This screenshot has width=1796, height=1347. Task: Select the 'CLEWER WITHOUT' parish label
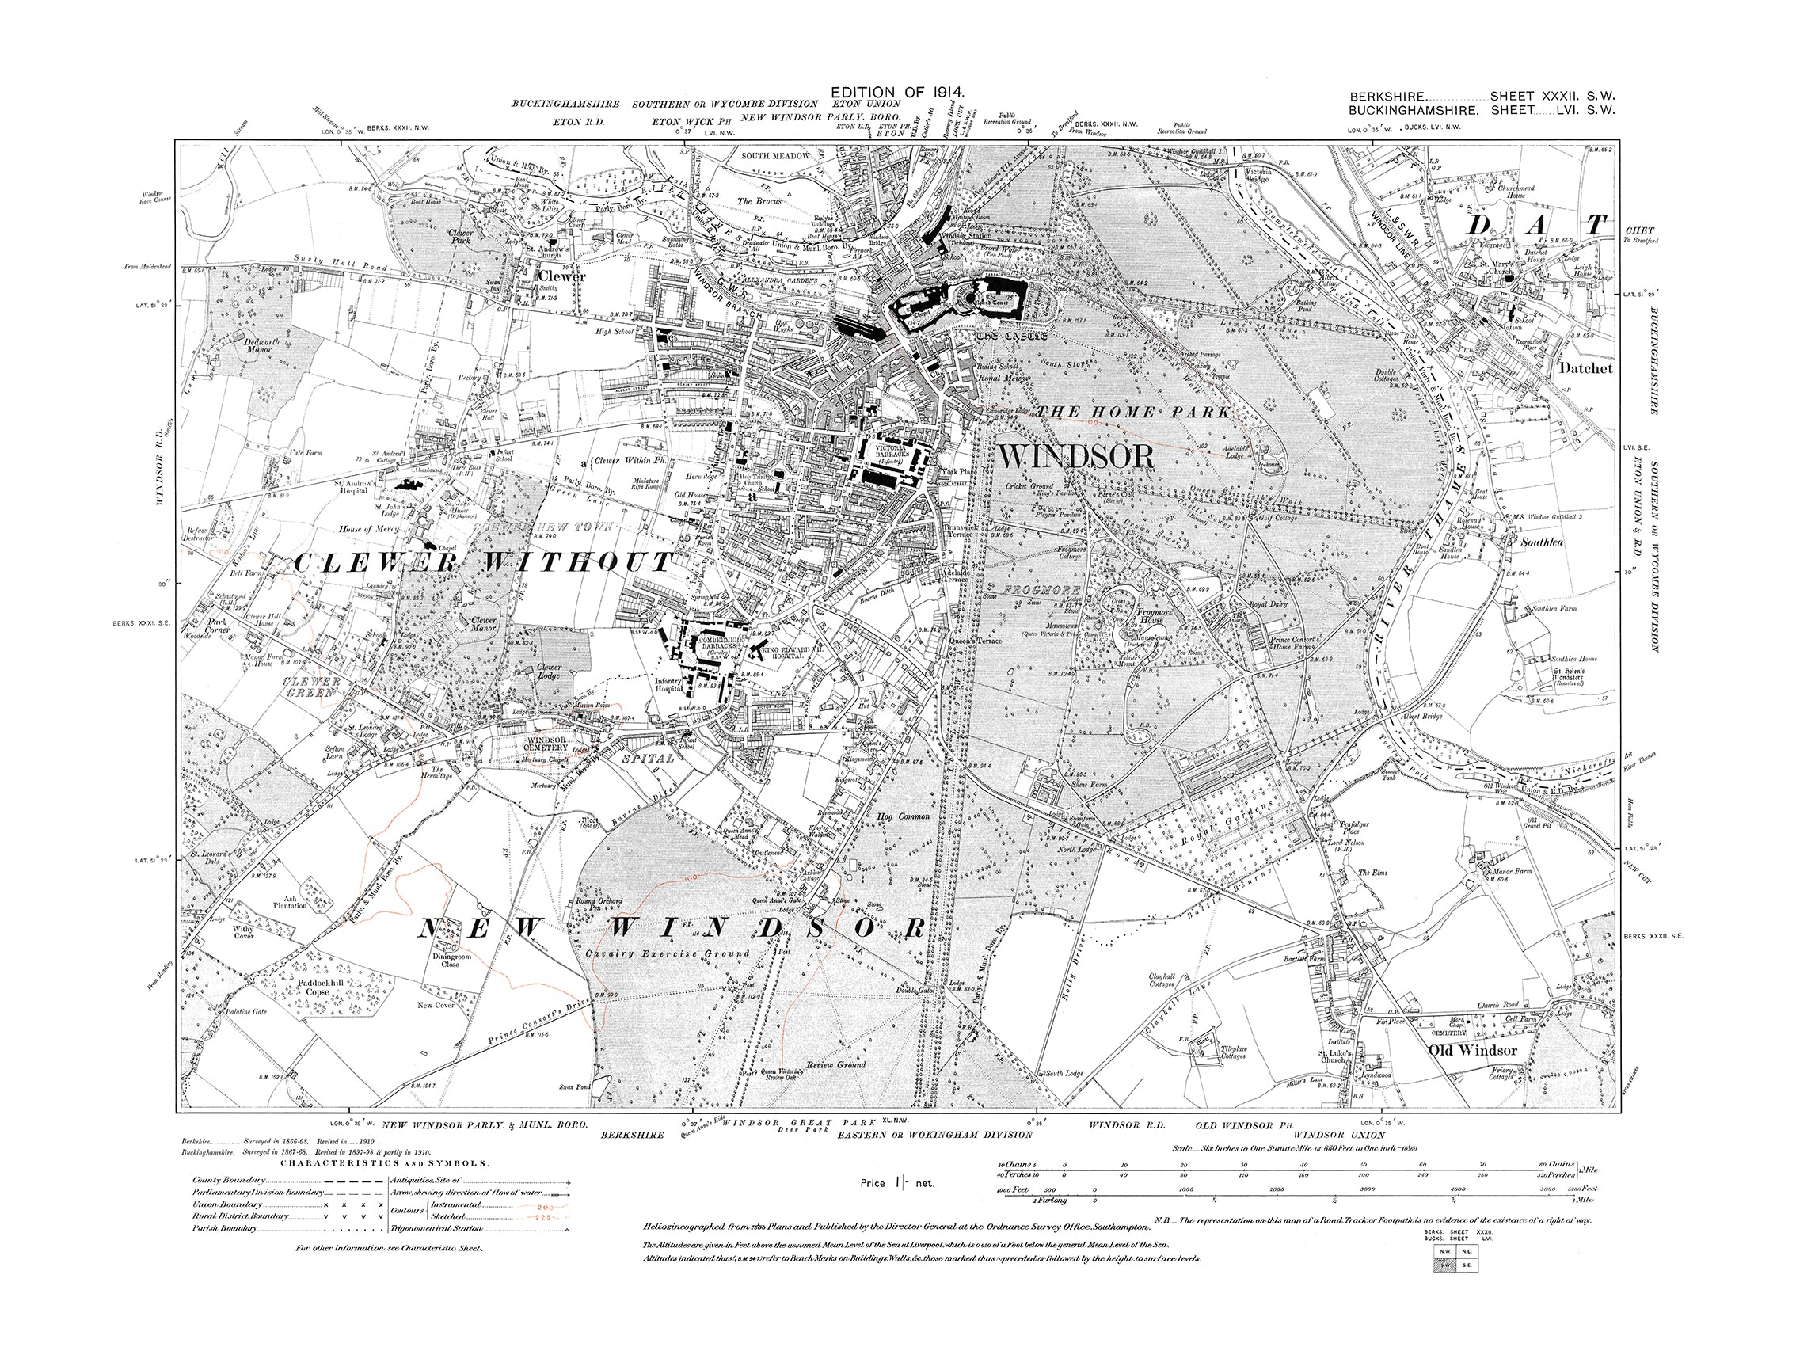point(484,561)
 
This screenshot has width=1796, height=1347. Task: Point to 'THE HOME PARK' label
point(1136,413)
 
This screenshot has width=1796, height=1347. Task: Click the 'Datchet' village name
point(1585,367)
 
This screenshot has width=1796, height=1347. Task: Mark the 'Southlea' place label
point(1542,542)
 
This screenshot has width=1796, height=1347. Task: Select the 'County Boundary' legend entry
point(230,1180)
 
